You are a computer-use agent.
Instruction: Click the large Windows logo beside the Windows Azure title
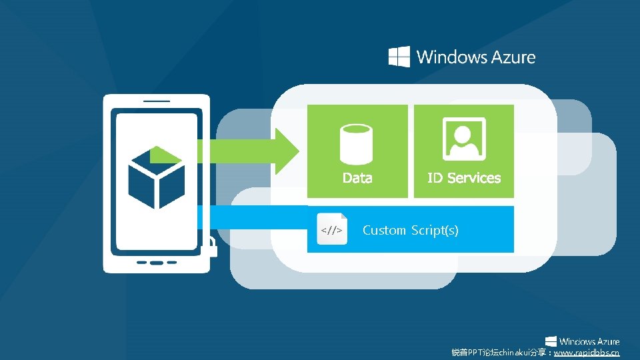click(399, 57)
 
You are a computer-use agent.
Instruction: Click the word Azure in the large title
click(513, 57)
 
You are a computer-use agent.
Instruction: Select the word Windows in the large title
click(451, 57)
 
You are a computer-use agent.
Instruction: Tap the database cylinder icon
click(357, 143)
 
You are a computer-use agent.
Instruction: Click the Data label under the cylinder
click(357, 178)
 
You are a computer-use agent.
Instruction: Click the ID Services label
click(464, 178)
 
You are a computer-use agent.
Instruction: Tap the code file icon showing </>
click(332, 229)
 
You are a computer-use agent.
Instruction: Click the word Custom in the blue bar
click(384, 231)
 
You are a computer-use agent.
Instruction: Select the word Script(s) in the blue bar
click(434, 231)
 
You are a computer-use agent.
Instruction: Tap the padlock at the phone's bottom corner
click(208, 248)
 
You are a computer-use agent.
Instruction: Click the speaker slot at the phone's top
click(156, 102)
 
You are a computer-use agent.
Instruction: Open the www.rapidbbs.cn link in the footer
click(587, 352)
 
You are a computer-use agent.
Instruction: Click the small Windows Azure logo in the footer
click(582, 341)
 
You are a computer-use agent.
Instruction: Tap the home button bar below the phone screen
click(156, 261)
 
